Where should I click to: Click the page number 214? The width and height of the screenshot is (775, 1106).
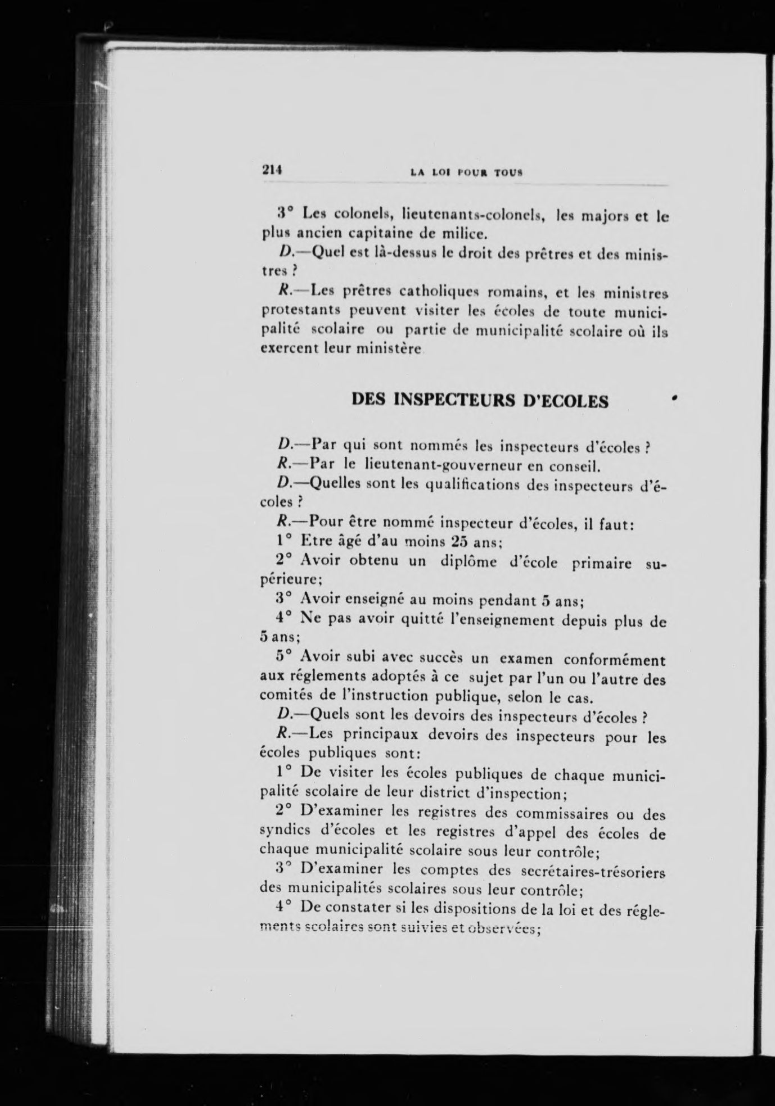tap(271, 171)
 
